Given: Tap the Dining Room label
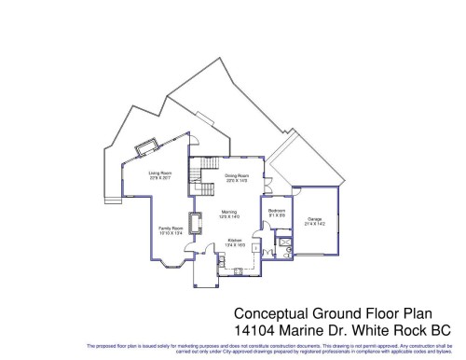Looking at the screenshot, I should coord(237,173).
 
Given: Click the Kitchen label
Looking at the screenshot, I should coord(235,241).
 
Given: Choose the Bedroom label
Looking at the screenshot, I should coord(277,211).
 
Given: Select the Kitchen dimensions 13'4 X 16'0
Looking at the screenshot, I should coord(235,245).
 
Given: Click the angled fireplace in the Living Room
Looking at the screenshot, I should coord(147,149).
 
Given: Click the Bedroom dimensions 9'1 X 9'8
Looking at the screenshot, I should coord(277,215).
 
